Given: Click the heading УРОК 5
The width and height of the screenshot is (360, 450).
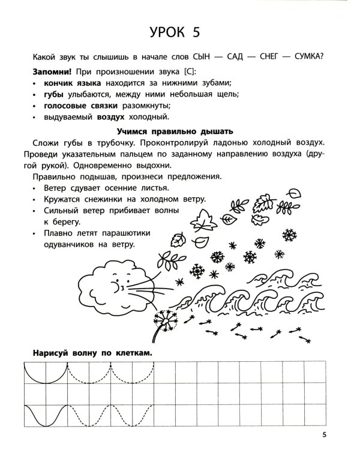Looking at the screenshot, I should pyautogui.click(x=180, y=31).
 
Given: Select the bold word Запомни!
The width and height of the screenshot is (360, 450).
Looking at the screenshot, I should pyautogui.click(x=49, y=71).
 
